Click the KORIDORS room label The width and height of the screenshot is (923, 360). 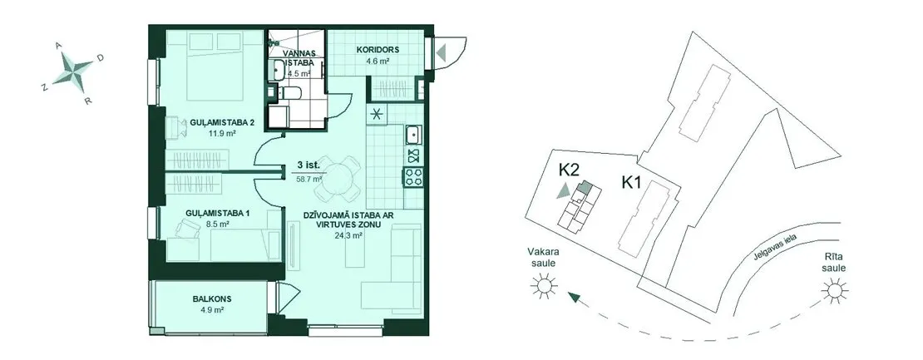pos(378,49)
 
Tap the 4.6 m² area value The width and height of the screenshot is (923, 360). pos(378,60)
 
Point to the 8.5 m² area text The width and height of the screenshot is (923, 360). pos(216,224)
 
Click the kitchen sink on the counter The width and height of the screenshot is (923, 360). pos(413,136)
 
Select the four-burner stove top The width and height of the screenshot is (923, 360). pos(413,177)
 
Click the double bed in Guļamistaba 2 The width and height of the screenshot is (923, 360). pos(215,66)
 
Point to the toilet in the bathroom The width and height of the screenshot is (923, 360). pos(289,93)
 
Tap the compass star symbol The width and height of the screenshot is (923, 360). pos(72,69)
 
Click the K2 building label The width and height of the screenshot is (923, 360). pos(570,170)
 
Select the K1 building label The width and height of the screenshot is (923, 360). pos(630,183)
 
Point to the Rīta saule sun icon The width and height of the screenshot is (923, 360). pos(834,291)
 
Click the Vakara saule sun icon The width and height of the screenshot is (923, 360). pos(543,287)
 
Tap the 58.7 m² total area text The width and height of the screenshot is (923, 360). pos(309,179)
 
